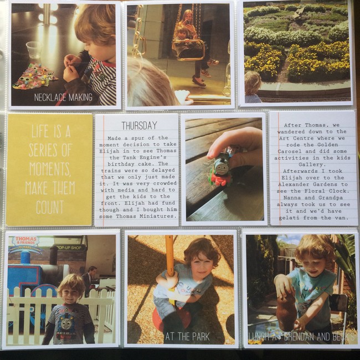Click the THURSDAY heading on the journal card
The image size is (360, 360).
pos(139,126)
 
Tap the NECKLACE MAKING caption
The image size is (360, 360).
pos(63,97)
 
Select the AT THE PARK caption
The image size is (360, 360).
pos(187,337)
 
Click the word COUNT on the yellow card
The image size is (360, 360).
pos(50,207)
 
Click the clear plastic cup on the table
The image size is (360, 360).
pos(34,50)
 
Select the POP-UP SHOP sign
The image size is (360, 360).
pos(69,248)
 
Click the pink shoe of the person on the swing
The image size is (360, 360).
pos(199,82)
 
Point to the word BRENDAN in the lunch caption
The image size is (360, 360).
pos(299,337)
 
